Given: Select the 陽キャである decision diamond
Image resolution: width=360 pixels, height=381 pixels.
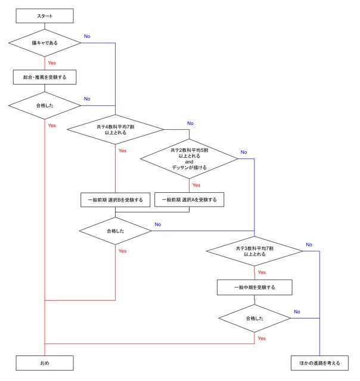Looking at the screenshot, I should [45, 43].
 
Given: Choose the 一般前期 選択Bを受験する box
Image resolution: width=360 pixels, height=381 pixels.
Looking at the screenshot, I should [115, 199].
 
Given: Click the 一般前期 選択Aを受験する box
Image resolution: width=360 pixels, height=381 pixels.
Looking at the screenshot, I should [189, 199].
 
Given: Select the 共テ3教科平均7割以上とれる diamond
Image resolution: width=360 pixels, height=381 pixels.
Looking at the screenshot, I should [255, 250].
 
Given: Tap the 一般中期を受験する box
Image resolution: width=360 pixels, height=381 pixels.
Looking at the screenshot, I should [255, 288].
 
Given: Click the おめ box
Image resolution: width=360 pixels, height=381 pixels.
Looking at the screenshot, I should [45, 361].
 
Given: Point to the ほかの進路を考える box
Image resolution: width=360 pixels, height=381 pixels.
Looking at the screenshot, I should [320, 361].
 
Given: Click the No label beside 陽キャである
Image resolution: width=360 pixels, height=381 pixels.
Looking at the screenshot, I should [87, 37].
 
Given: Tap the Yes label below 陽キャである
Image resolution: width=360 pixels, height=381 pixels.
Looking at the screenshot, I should [52, 63].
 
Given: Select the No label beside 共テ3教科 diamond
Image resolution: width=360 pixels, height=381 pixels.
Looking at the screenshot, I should [309, 245].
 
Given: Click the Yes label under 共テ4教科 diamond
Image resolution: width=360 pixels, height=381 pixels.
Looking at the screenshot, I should [122, 151].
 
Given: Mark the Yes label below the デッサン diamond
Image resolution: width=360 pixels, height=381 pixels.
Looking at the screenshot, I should [196, 185].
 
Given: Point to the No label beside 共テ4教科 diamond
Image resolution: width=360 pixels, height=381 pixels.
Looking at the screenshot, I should [190, 123].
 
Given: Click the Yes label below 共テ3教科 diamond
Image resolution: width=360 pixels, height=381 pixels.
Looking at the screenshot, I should [262, 272].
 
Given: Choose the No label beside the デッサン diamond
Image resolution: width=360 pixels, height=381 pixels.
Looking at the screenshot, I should [244, 152].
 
